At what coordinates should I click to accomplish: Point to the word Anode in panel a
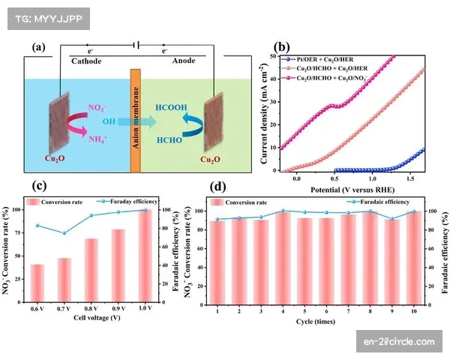[x=188, y=61]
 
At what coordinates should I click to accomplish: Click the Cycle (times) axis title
[x=315, y=324]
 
